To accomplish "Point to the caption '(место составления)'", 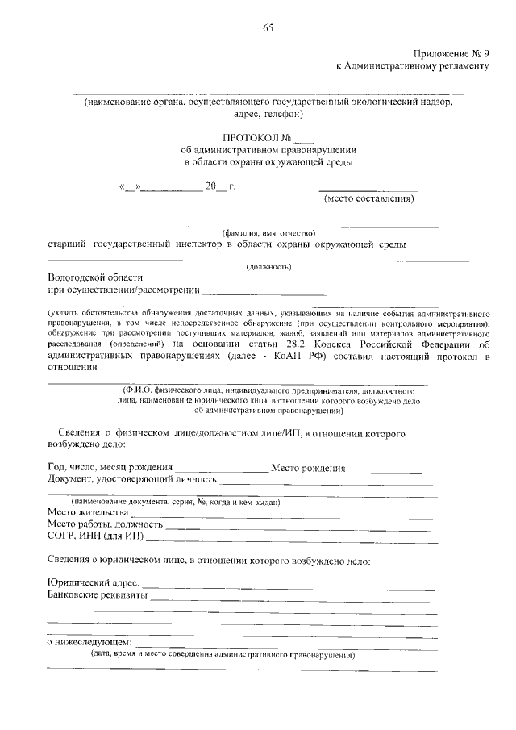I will point(368,198).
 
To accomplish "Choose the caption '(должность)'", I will point(268,266).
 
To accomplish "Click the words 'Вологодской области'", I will point(94,277).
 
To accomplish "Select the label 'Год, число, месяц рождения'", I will point(110,468).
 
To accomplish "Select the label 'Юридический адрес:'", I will point(94,583).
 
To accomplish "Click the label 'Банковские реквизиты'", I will point(97,595).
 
